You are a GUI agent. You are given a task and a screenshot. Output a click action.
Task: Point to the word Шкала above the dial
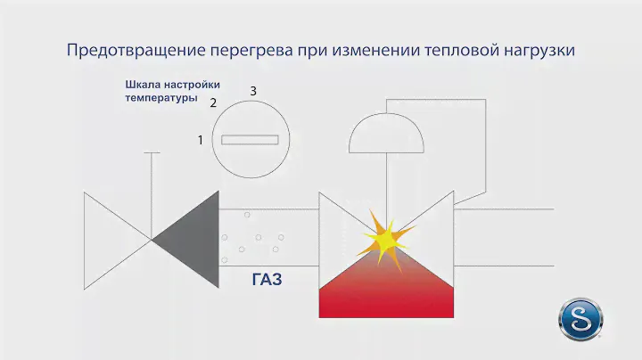[143, 85]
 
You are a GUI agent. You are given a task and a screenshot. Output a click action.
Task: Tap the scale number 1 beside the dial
[201, 140]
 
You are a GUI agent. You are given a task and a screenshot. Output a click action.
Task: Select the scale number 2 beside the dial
[213, 102]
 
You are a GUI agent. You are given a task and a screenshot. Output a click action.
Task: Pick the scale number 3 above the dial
[253, 92]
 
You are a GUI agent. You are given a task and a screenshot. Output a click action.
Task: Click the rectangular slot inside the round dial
[251, 140]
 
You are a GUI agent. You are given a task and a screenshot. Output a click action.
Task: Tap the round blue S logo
[580, 318]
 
